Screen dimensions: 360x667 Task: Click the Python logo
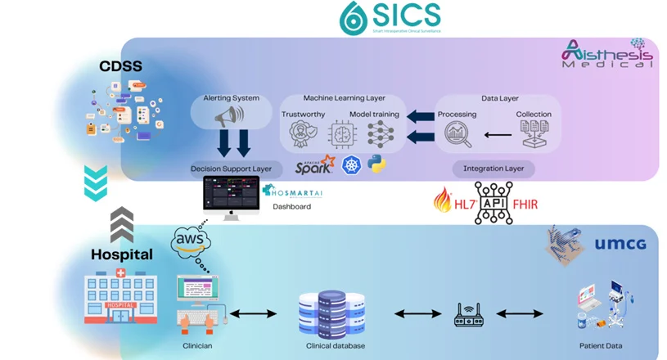click(x=377, y=164)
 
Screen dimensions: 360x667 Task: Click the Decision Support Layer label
click(x=232, y=169)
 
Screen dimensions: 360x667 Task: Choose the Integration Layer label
click(x=493, y=169)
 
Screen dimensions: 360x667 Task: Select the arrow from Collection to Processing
click(x=495, y=134)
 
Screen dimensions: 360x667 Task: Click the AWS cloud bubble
click(x=192, y=241)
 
